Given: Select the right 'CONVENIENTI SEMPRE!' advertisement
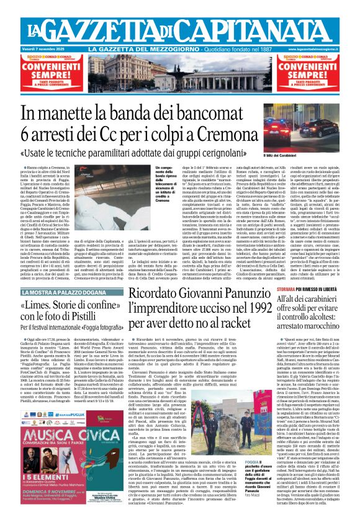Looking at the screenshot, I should (x=315, y=74).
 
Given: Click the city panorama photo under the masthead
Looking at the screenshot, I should (x=179, y=74).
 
